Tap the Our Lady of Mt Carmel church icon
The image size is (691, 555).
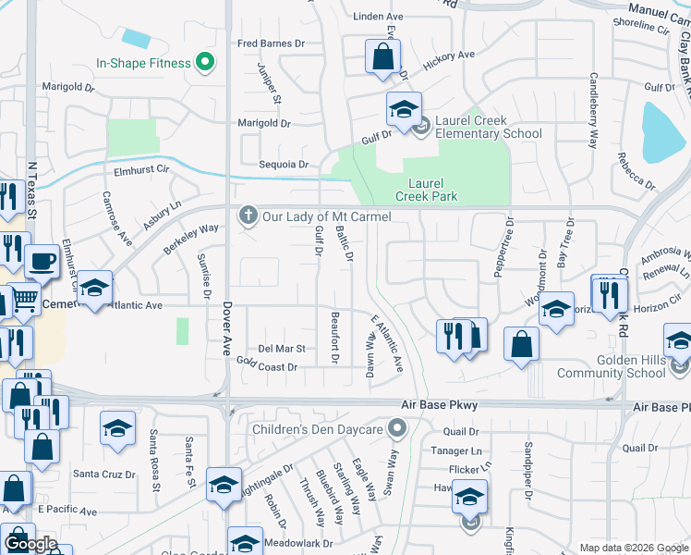coord(247,216)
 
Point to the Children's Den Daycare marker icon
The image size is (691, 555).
coord(398,429)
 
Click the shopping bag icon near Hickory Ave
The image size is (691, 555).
coord(382,57)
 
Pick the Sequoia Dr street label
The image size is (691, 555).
coord(283,165)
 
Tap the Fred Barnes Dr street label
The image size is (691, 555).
coord(271,43)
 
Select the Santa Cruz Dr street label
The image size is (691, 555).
coord(104,475)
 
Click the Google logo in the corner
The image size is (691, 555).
coord(30,544)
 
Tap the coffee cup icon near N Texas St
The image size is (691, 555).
coord(42,262)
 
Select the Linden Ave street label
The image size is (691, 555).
coord(379,17)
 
